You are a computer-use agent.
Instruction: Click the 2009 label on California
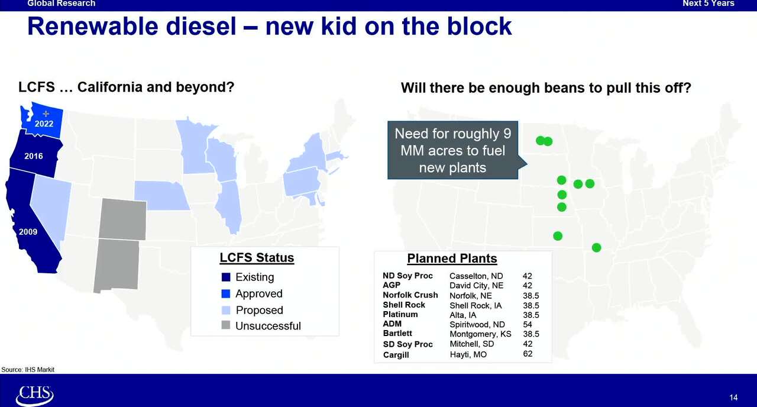click(28, 232)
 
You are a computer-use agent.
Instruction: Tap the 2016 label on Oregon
click(34, 156)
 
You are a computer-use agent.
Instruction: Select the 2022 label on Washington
click(44, 124)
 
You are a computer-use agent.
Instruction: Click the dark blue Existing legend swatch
click(225, 277)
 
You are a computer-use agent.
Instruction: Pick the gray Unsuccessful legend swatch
click(225, 325)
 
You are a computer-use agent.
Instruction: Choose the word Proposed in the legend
click(259, 310)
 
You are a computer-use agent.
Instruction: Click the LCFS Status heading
click(257, 258)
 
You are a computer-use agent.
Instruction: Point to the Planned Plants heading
click(452, 259)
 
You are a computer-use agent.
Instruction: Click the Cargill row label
click(396, 355)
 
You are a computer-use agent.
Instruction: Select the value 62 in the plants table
click(528, 354)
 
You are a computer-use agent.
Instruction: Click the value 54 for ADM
click(528, 324)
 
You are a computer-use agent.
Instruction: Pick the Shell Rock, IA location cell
click(475, 305)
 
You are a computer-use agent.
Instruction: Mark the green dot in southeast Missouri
click(596, 248)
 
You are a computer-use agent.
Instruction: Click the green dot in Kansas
click(557, 236)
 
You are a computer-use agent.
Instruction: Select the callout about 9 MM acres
click(452, 151)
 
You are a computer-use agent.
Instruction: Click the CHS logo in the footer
click(34, 395)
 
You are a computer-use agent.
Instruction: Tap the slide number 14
click(733, 398)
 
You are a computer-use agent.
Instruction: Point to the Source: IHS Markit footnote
click(28, 370)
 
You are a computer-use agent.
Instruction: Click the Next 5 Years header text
click(708, 4)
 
